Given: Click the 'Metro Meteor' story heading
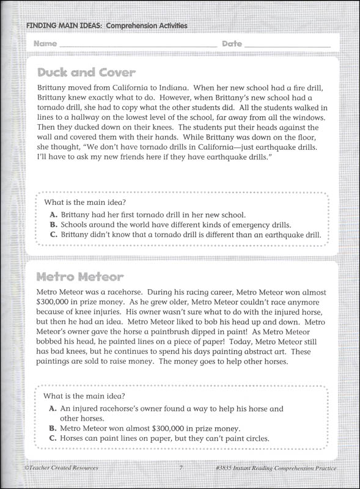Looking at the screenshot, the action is (x=81, y=277).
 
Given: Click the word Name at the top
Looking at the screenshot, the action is (x=45, y=44).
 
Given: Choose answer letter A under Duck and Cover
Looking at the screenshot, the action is (x=54, y=215).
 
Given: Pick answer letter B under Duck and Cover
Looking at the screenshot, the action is (x=54, y=224).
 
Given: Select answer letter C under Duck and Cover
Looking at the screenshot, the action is (x=54, y=234).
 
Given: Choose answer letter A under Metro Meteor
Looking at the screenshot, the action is (x=54, y=408).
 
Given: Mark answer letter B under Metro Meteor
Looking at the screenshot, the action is (x=54, y=428).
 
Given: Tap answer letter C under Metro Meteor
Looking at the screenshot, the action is (x=54, y=438).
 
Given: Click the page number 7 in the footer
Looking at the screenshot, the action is (x=181, y=468).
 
